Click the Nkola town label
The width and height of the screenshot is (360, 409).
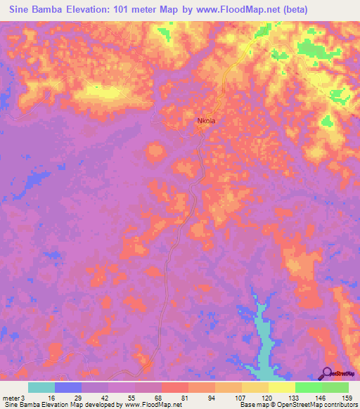pos(206,121)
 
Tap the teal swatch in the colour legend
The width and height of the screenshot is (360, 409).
pos(41,387)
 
